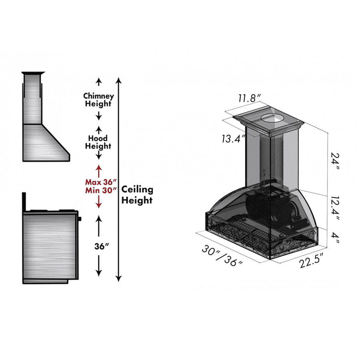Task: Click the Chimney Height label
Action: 98,100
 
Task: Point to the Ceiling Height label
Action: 137,194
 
